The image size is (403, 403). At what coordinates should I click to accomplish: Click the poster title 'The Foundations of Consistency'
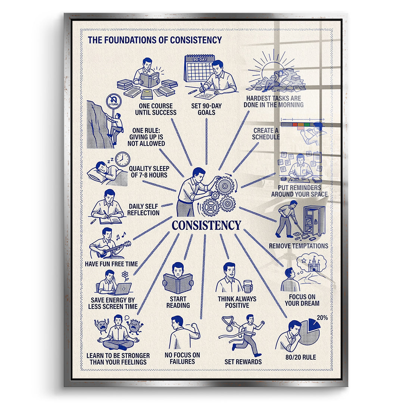click(x=155, y=40)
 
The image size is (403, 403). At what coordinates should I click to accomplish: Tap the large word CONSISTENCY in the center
click(x=206, y=225)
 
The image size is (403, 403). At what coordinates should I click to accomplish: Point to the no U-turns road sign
click(x=113, y=101)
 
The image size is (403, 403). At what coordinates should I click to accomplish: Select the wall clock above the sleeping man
click(x=123, y=159)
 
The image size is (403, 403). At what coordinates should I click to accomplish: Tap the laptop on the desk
click(x=122, y=288)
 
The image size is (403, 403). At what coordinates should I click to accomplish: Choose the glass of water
click(x=248, y=286)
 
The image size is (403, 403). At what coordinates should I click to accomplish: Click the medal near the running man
click(x=228, y=324)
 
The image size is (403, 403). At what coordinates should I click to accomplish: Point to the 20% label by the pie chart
click(x=322, y=318)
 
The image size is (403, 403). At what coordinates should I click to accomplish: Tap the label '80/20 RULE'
click(x=301, y=357)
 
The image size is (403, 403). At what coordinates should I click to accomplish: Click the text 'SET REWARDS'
click(x=243, y=362)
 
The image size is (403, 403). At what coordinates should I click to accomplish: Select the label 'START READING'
click(x=178, y=302)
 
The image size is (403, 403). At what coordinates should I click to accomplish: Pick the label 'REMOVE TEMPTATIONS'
click(x=299, y=246)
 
